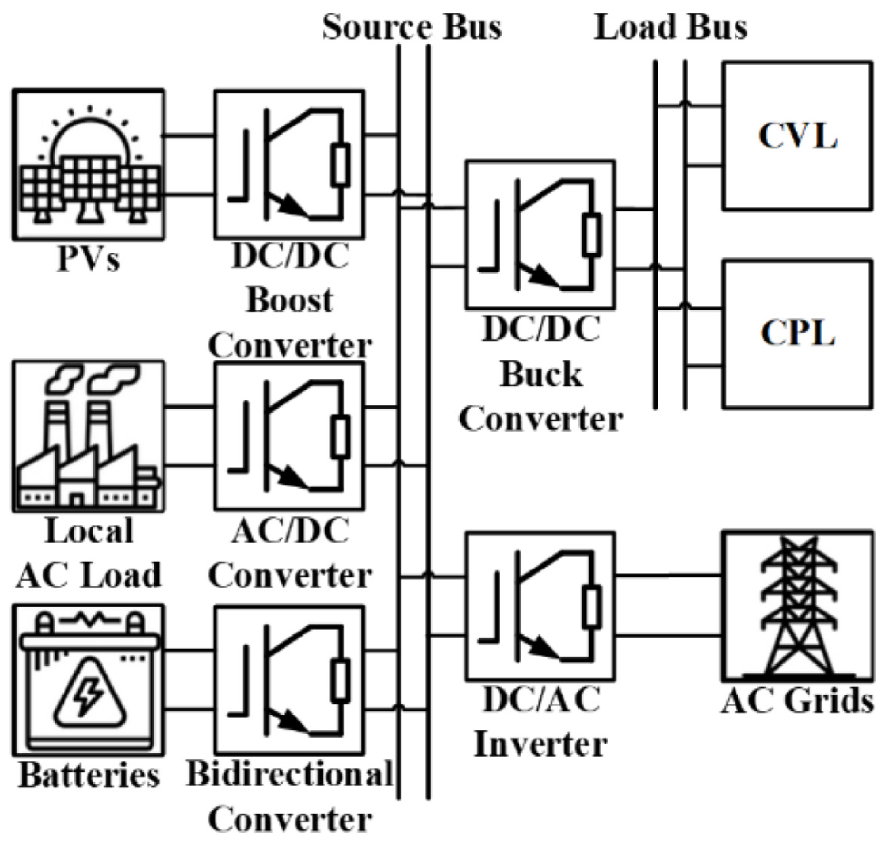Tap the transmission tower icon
[798, 606]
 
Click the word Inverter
[541, 744]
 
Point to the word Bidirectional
[290, 774]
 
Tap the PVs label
[88, 258]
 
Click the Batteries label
[89, 775]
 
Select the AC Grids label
[798, 701]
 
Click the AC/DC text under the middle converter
[290, 531]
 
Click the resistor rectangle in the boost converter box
[340, 165]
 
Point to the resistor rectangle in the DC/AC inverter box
[592, 608]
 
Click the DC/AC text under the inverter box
[541, 699]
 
